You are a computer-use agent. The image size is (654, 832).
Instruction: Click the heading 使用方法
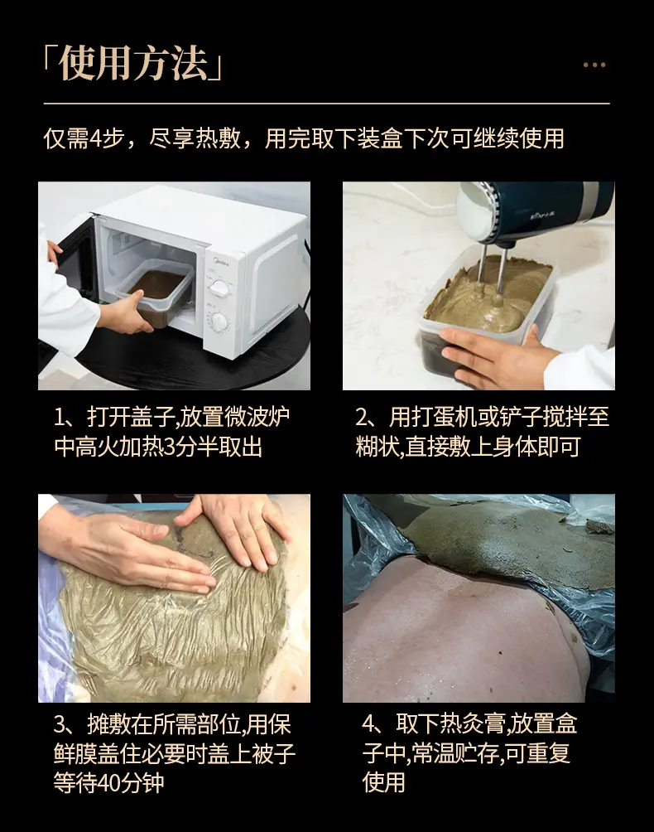[133, 64]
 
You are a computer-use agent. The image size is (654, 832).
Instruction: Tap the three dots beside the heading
[594, 65]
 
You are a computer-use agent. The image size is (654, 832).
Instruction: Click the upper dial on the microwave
[219, 288]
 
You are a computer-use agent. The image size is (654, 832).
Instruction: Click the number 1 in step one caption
[60, 418]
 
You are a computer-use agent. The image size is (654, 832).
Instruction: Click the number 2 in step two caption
[362, 418]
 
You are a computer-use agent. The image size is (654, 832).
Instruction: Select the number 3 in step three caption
[60, 724]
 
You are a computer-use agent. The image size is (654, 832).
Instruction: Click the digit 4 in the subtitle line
[95, 139]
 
